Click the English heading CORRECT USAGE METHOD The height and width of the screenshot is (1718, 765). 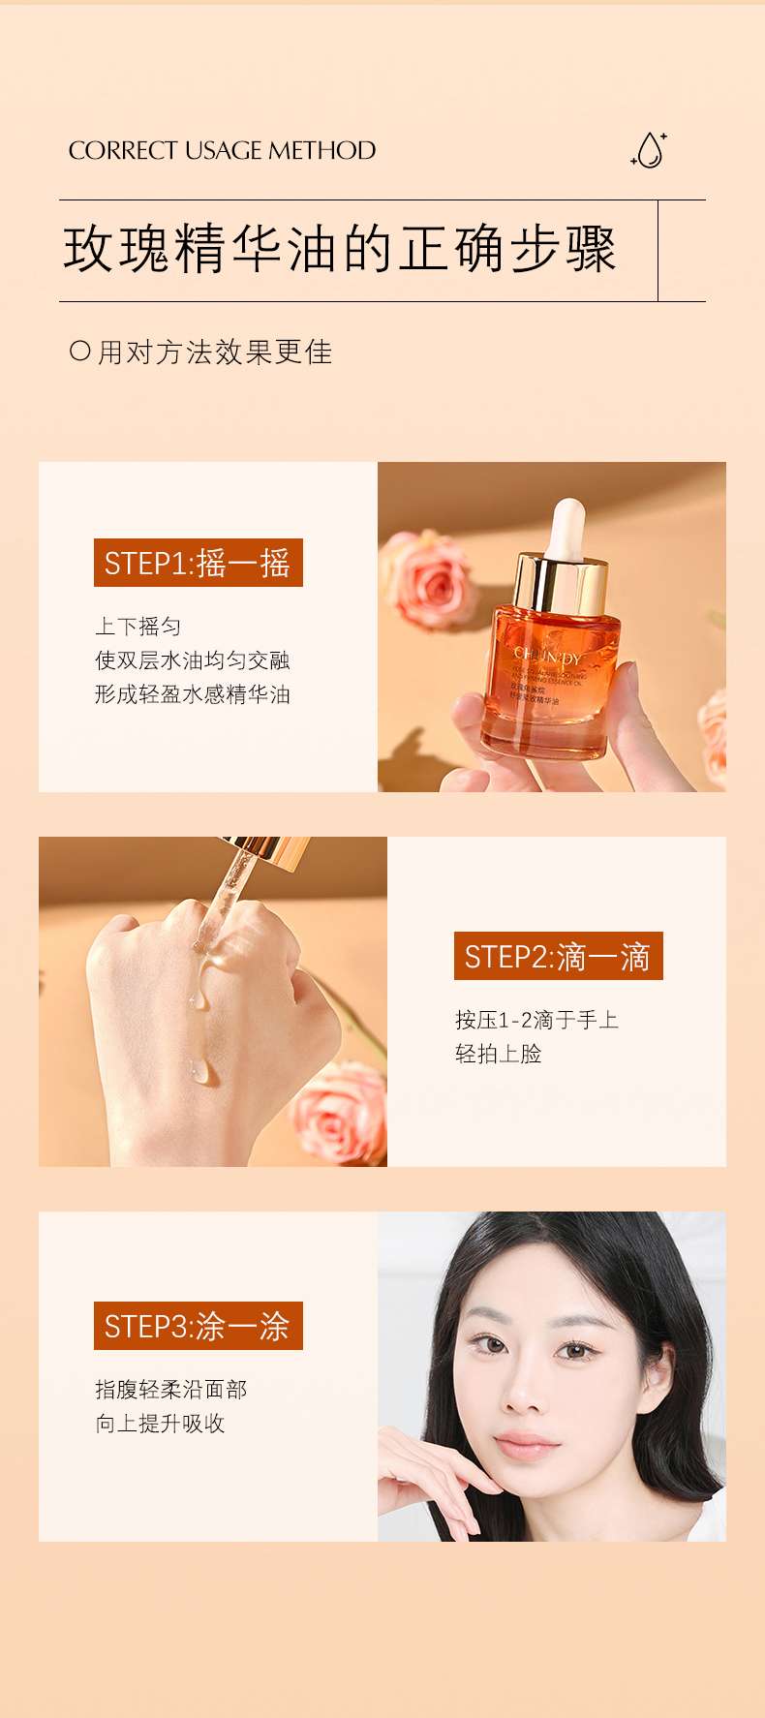[222, 150]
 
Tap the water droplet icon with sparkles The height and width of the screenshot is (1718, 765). [650, 150]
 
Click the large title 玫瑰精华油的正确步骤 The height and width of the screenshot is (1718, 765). [340, 250]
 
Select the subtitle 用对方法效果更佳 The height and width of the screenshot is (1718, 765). [215, 352]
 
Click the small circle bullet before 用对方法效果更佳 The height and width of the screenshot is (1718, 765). [80, 351]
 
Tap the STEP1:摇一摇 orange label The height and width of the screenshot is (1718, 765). [198, 563]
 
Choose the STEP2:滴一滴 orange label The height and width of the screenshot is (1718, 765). [558, 957]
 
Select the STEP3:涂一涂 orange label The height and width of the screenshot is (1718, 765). [198, 1326]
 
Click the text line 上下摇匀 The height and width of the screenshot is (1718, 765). [138, 627]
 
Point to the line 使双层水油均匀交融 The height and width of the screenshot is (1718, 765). [192, 660]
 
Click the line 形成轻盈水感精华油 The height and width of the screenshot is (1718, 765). [192, 694]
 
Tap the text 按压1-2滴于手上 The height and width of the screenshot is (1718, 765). [536, 1020]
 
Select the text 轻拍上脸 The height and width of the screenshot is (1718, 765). [498, 1054]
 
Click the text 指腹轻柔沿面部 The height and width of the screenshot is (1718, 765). [170, 1390]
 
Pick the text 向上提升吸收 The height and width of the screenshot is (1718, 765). [160, 1424]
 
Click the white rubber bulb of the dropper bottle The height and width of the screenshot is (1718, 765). [568, 527]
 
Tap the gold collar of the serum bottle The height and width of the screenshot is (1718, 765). [561, 583]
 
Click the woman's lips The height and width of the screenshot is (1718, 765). [528, 1446]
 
